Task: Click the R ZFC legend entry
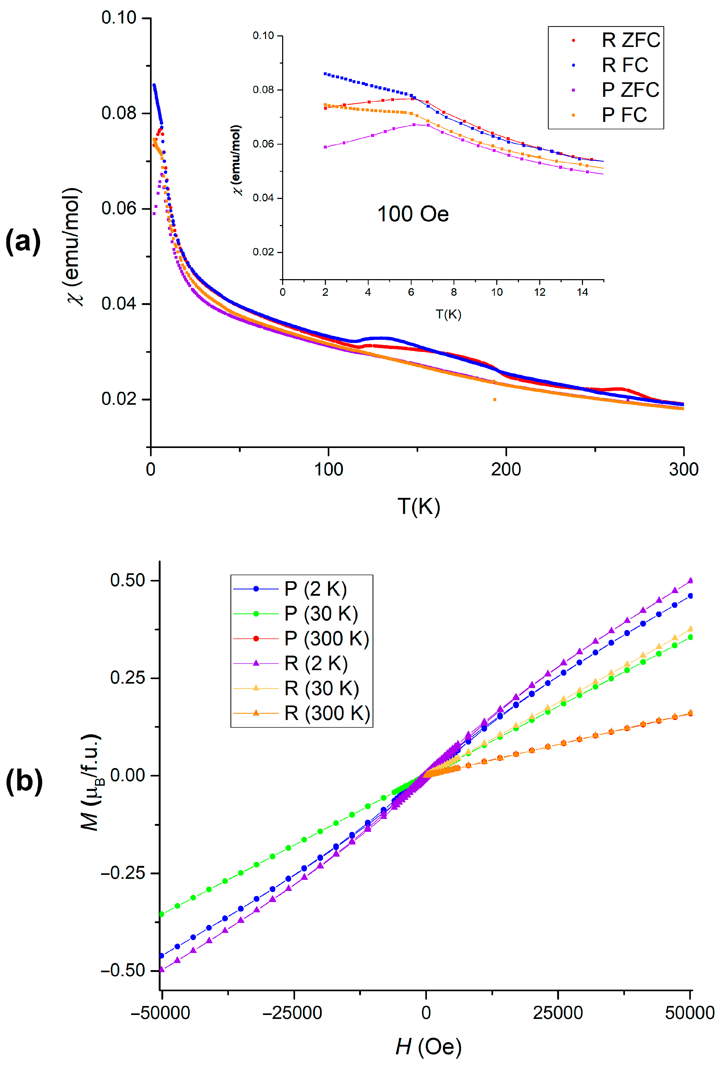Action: [630, 40]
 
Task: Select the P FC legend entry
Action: [624, 115]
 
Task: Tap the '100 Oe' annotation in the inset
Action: [412, 214]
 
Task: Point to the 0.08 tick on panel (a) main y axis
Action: [119, 113]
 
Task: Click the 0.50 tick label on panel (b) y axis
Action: [127, 580]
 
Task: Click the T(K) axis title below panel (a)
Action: [418, 506]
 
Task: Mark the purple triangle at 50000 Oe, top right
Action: [690, 580]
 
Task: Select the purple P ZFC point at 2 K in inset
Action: [325, 147]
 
